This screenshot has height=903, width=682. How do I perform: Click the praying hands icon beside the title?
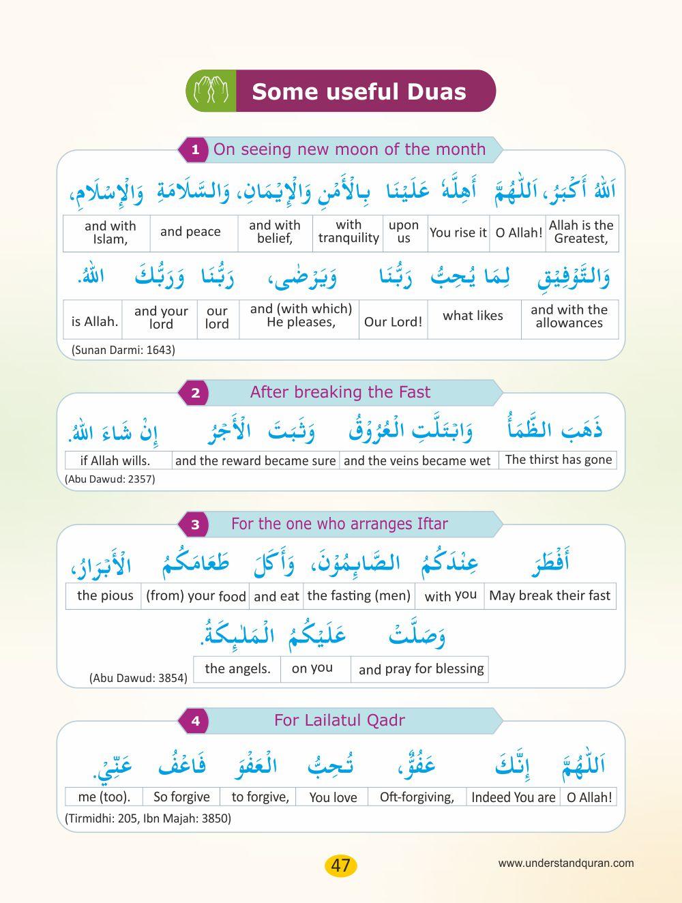coord(211,91)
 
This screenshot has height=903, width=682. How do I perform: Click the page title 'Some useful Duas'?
coord(359,91)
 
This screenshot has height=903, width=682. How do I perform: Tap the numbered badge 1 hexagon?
coord(195,149)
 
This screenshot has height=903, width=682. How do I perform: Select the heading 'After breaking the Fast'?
coord(340,392)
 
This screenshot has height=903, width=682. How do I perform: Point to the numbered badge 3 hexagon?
coord(195,524)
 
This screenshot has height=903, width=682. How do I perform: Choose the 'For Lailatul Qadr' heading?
coord(339,720)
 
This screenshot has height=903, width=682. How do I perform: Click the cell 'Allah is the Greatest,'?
coord(581,232)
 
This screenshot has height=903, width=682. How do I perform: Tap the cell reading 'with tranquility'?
coord(349,231)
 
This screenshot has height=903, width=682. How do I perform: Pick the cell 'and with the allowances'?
coord(569,316)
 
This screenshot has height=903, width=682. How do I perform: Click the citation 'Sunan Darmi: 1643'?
coord(123,350)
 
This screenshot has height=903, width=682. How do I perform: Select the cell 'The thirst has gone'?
coord(558,460)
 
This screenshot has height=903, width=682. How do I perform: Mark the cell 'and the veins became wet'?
coord(417,461)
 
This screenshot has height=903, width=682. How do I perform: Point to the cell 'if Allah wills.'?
coord(115,461)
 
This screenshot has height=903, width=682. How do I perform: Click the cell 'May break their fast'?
coord(550,595)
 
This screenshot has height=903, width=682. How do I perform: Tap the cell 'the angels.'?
coord(237,668)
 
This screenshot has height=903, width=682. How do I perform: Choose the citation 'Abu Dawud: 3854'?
coord(138,678)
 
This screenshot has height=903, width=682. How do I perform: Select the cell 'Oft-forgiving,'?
coord(417,797)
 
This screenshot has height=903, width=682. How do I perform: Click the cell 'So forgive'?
coord(181,797)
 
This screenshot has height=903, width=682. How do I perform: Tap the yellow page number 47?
coord(340,865)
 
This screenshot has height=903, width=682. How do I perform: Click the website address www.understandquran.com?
coord(565,863)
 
